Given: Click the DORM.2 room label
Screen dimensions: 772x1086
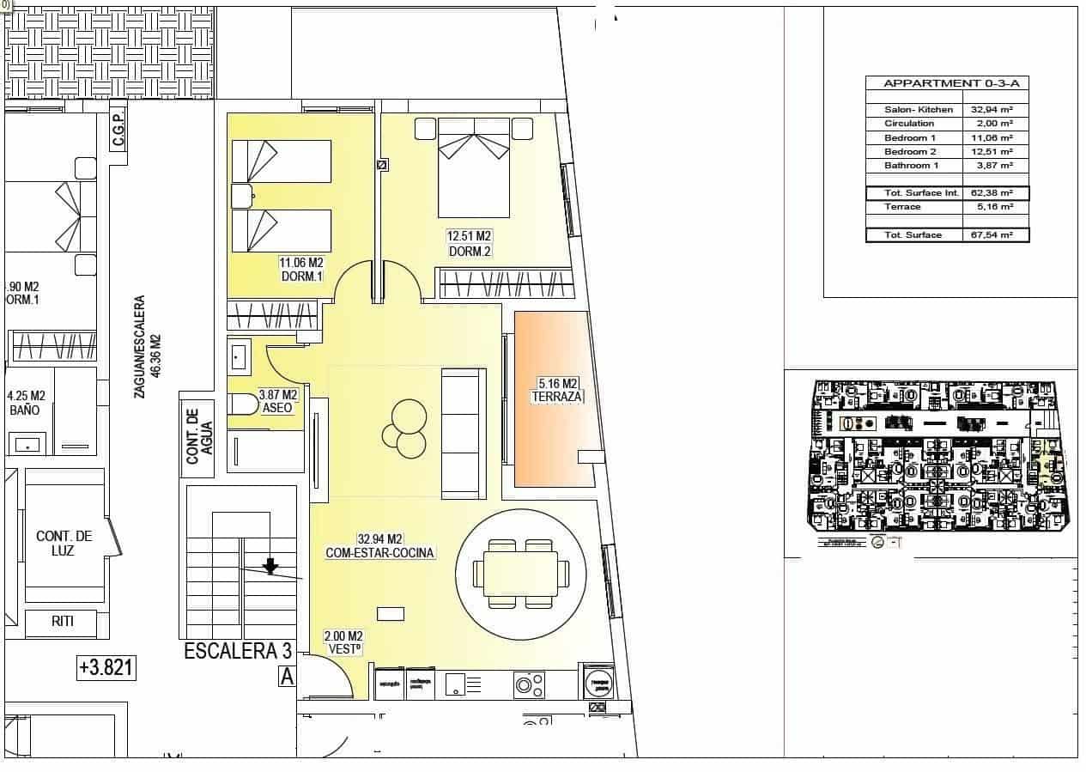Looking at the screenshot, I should (470, 251).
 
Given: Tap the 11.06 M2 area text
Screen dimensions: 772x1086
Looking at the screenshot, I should (300, 262).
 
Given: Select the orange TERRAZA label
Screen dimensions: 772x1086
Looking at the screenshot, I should (557, 397).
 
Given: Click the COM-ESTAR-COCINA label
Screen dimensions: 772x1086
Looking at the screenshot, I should (379, 553).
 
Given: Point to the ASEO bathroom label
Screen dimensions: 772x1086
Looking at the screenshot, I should (278, 408).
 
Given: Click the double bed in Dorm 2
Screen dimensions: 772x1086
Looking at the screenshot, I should (473, 167).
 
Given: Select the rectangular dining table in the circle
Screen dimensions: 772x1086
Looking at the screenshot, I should (520, 572).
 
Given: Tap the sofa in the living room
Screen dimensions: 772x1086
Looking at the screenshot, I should (464, 433).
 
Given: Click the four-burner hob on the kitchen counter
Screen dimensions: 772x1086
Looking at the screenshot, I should (529, 684).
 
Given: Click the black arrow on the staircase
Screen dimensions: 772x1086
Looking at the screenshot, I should (270, 565).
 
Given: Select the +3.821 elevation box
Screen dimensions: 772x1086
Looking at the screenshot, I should (106, 667).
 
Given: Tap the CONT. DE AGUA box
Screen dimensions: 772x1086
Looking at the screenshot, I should (198, 435).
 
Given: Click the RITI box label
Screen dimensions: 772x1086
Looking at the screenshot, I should (62, 622).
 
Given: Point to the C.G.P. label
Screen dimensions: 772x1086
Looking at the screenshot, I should (118, 131).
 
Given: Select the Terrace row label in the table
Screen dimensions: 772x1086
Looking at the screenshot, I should (902, 207).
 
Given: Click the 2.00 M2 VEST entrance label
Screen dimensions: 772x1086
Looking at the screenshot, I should (343, 642).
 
